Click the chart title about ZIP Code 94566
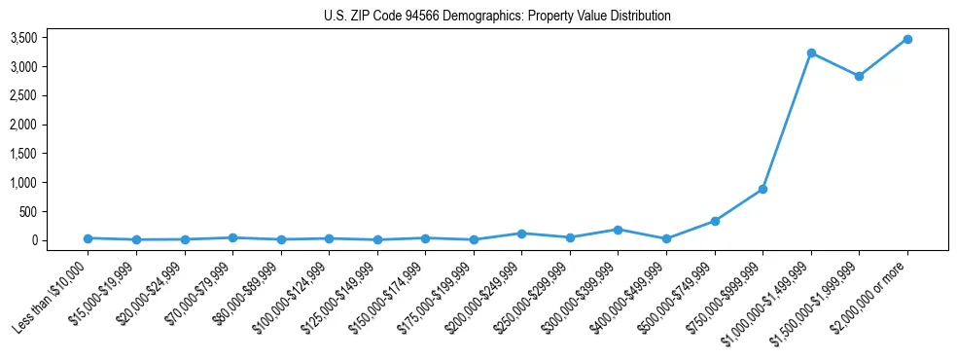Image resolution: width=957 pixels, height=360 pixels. coord(497,17)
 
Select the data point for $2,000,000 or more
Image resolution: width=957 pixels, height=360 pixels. coord(907,39)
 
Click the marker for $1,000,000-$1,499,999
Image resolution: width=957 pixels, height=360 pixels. coord(811,53)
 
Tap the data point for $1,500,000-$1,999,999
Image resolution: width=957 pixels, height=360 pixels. coord(859,76)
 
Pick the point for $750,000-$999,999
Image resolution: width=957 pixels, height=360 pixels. coord(763,189)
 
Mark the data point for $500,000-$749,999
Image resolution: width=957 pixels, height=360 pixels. coord(715,221)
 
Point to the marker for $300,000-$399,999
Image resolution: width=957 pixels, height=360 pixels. coord(619,230)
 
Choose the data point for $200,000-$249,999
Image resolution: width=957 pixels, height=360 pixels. coord(522,234)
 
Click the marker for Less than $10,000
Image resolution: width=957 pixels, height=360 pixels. coord(89,238)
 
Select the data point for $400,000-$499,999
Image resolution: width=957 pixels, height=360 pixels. coord(666,238)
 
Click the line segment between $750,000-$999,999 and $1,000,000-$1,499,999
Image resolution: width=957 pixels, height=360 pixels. coord(788,121)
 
